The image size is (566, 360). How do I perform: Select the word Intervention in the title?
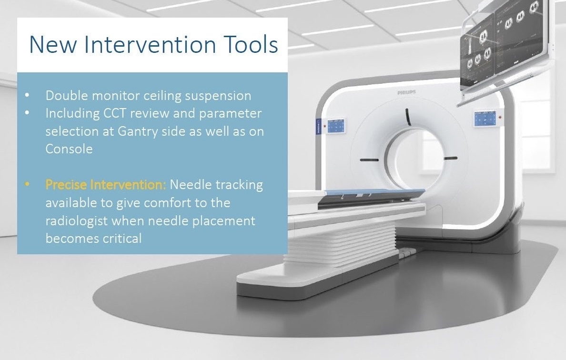click(x=150, y=44)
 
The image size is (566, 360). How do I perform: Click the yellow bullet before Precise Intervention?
click(x=27, y=185)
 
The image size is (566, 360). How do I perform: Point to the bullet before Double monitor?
click(x=27, y=96)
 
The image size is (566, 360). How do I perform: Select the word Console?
click(x=69, y=149)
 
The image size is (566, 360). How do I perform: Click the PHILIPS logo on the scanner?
click(x=406, y=92)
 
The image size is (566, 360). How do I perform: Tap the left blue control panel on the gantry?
click(x=334, y=126)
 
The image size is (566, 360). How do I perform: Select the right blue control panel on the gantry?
click(x=485, y=119)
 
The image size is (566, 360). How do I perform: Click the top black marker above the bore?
click(x=408, y=117)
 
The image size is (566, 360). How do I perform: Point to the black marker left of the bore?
click(x=369, y=160)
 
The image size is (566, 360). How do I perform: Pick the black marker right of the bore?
click(x=451, y=158)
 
